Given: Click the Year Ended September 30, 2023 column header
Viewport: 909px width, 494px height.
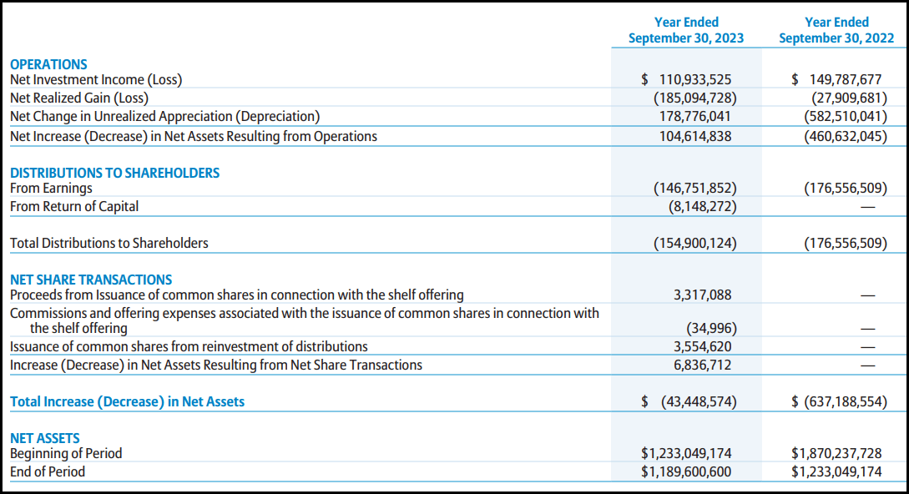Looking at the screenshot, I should pyautogui.click(x=686, y=30).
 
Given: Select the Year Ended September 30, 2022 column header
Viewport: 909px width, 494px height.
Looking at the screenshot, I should pyautogui.click(x=836, y=30).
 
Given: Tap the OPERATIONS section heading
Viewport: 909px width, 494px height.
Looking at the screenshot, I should pyautogui.click(x=48, y=64).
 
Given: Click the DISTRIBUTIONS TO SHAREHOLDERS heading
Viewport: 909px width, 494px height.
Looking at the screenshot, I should pyautogui.click(x=114, y=173).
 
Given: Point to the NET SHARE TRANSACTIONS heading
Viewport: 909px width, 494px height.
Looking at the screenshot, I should pyautogui.click(x=91, y=280).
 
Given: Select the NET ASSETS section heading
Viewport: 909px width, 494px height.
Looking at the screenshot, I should pyautogui.click(x=45, y=438).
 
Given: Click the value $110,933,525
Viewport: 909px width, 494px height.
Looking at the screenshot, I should pyautogui.click(x=686, y=80).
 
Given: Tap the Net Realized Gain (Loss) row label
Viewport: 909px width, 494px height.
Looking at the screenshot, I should pyautogui.click(x=79, y=98).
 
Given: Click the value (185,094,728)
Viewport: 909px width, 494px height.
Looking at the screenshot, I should pyautogui.click(x=694, y=98).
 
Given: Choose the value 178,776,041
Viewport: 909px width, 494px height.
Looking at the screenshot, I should pyautogui.click(x=695, y=117).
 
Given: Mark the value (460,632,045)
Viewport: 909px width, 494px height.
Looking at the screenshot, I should pyautogui.click(x=845, y=136).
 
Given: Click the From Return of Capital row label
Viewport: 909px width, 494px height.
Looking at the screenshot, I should pyautogui.click(x=74, y=206).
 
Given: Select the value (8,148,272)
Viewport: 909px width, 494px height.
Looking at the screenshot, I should pyautogui.click(x=702, y=206).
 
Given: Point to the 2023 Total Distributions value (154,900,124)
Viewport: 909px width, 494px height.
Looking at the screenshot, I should pyautogui.click(x=694, y=243).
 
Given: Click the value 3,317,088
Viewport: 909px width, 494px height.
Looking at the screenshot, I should pyautogui.click(x=702, y=295).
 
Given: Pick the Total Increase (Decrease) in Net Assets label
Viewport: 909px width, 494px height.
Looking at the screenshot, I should pyautogui.click(x=127, y=401).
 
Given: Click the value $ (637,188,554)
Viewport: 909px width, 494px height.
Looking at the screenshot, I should pyautogui.click(x=839, y=401).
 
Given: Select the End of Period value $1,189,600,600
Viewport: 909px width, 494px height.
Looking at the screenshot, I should pyautogui.click(x=686, y=471).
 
